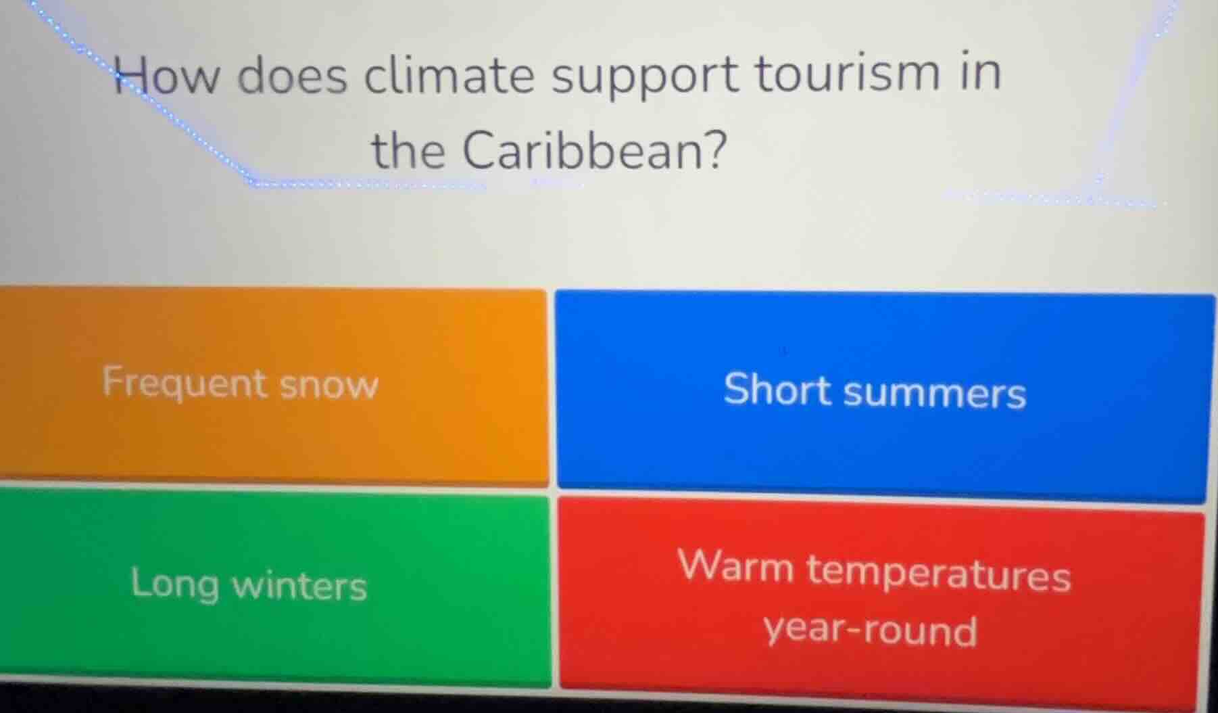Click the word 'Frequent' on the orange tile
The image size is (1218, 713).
[x=185, y=384]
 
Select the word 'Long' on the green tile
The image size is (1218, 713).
[x=175, y=583]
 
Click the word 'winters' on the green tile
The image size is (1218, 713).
[x=299, y=585]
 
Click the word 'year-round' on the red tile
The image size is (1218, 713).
[x=871, y=630]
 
